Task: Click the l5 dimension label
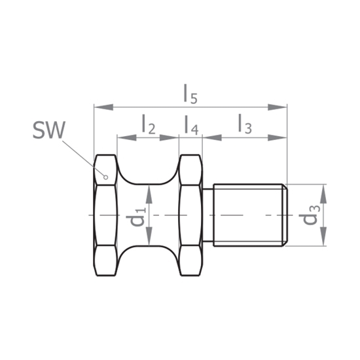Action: (190, 94)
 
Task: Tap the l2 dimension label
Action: (148, 124)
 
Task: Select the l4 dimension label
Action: (190, 124)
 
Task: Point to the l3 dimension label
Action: (243, 124)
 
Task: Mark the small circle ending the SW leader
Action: (105, 175)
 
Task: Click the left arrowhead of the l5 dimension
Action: (99, 107)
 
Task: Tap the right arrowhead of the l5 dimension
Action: (282, 107)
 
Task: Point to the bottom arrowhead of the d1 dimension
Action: (151, 242)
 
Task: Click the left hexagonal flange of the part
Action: (105, 215)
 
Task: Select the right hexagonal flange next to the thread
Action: (190, 215)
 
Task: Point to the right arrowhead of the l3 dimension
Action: (282, 137)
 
